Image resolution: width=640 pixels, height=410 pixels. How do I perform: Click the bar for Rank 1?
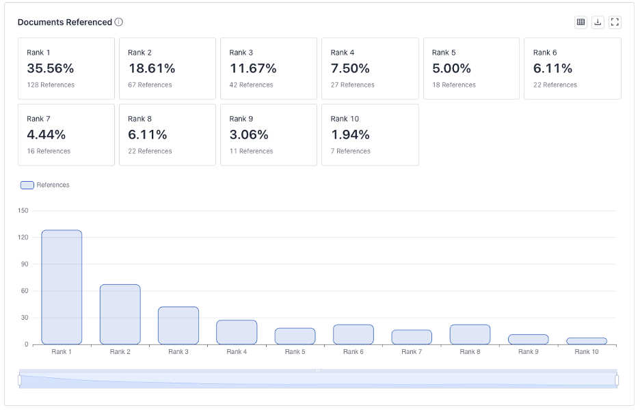point(62,287)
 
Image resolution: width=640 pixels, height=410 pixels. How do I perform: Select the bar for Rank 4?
point(237,332)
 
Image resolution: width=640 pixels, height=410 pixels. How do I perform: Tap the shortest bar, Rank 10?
point(587,341)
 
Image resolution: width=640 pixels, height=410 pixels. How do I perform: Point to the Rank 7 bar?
point(412,337)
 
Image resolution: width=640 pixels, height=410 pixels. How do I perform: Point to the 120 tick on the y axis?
point(23,237)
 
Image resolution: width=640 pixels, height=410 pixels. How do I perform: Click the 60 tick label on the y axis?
point(25,291)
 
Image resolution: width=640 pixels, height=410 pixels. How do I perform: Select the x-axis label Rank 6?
point(354,352)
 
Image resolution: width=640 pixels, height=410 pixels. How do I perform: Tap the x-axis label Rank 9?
point(528,352)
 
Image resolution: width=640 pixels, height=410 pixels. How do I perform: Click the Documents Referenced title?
point(65,22)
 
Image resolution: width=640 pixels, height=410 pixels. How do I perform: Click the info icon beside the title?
point(119,22)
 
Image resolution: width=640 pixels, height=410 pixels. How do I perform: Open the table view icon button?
point(581,22)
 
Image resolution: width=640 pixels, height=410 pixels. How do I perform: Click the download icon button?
point(598,22)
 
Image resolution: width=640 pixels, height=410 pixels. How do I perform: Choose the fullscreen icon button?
point(615,22)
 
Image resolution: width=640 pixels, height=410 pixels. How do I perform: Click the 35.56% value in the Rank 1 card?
point(51,68)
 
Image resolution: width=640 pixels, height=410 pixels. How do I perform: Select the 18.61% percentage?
point(152,68)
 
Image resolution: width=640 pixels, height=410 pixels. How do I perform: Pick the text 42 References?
point(251,85)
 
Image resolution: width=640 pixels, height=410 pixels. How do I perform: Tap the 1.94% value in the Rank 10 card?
point(350,135)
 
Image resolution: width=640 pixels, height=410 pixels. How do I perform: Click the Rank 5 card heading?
point(444,53)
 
